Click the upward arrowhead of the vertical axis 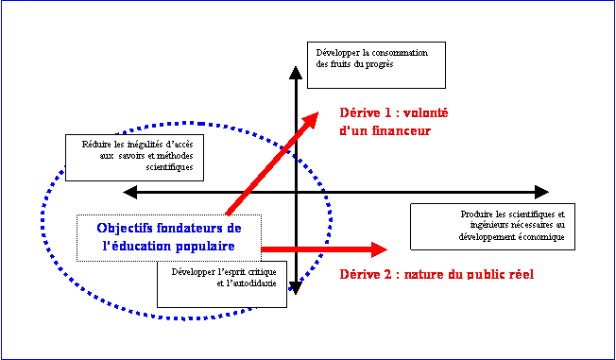(x=296, y=73)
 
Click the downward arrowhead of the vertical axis (x=296, y=288)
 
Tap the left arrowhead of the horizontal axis (x=130, y=192)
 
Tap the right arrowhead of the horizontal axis (x=541, y=192)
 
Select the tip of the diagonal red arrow (x=318, y=112)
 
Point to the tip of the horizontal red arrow (x=387, y=249)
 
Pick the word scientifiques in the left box (x=170, y=166)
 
